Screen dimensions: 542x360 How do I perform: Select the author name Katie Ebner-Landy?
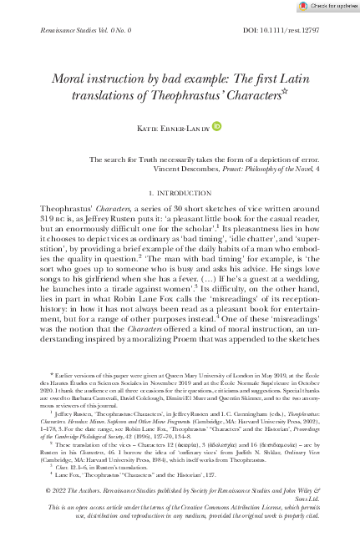click(175, 127)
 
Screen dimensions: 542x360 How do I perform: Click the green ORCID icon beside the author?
click(217, 126)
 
